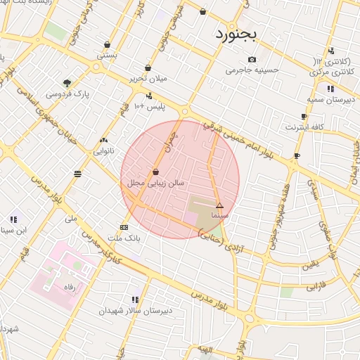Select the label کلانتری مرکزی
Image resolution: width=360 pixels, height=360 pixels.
(x=333, y=72)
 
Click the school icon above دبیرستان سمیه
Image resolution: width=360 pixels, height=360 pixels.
(x=330, y=89)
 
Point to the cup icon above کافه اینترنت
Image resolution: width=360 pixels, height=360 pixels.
(x=304, y=117)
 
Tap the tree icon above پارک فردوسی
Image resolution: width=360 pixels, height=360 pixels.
(x=67, y=83)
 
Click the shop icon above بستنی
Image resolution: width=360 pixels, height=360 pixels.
(x=107, y=44)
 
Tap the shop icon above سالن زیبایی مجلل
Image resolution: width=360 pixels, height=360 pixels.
(x=155, y=172)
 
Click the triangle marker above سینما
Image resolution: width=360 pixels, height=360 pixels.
(x=219, y=205)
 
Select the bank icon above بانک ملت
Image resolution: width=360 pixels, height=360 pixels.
(x=124, y=227)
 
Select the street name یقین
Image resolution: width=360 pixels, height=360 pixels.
(x=309, y=266)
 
